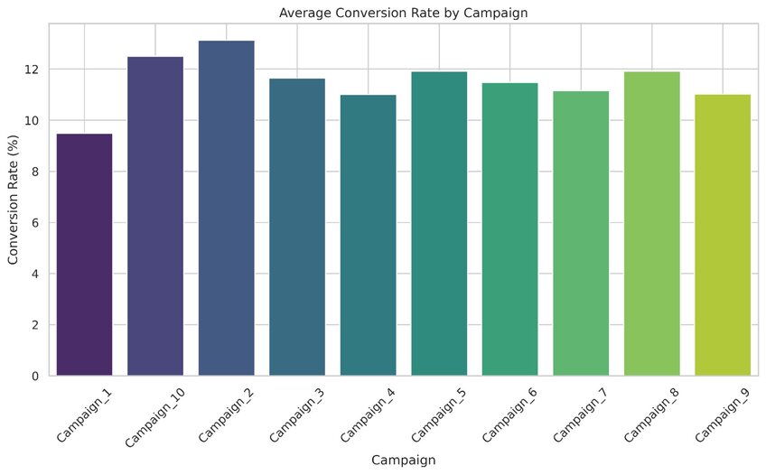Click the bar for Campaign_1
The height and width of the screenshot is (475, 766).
coord(84,255)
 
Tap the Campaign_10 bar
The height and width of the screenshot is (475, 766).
coord(155,217)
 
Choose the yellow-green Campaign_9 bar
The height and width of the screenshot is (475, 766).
coord(723,235)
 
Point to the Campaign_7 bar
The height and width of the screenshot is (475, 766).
coord(581,233)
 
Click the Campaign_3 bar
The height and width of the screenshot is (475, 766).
coord(297,227)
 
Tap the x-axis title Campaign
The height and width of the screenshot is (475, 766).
coord(404,460)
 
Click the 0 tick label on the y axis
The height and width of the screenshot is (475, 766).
coord(36,376)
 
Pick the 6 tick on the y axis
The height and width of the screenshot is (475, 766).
coord(36,223)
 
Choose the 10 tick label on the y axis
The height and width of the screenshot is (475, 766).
coord(33,121)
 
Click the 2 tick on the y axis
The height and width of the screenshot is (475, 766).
coord(36,325)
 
